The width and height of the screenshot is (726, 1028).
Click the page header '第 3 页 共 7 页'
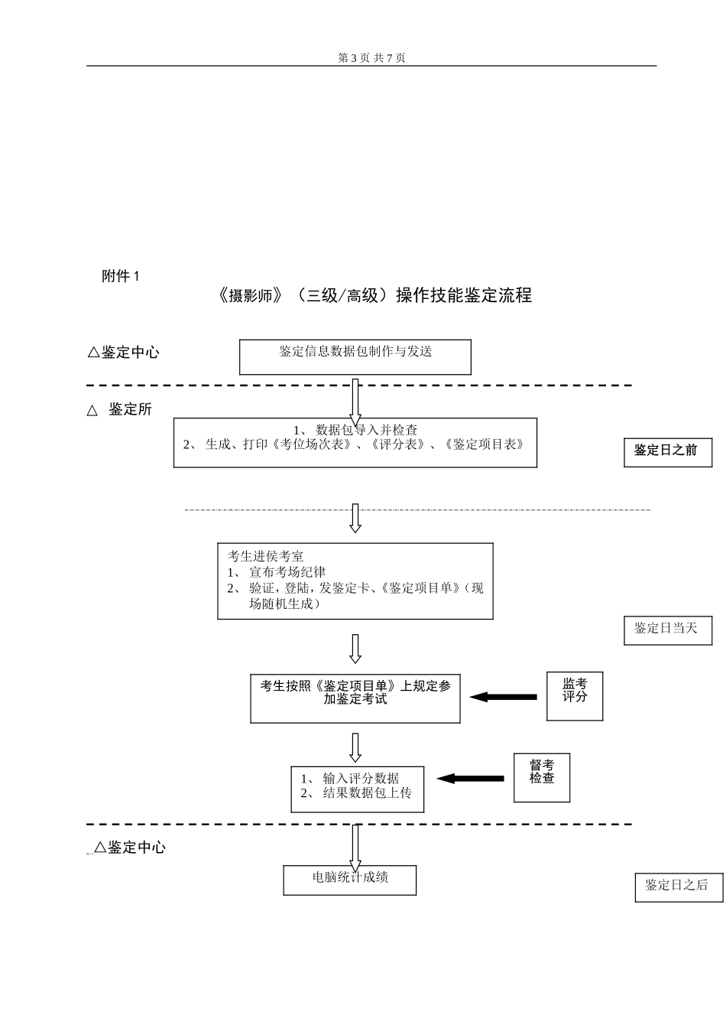pyautogui.click(x=371, y=58)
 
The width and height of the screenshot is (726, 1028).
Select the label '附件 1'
pyautogui.click(x=121, y=277)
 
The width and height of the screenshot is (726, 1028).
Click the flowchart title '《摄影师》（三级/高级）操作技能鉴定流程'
pyautogui.click(x=374, y=296)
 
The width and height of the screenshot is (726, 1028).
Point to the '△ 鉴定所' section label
pyautogui.click(x=121, y=410)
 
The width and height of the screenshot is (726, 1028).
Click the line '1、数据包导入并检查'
pyautogui.click(x=355, y=431)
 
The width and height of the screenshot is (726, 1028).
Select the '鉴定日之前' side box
pyautogui.click(x=666, y=451)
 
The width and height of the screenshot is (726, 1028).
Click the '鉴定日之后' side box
pyautogui.click(x=677, y=886)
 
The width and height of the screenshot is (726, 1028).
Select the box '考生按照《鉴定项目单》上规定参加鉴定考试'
pyautogui.click(x=355, y=693)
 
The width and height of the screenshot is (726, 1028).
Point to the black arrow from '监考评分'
pyautogui.click(x=504, y=697)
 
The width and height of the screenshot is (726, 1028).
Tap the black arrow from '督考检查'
pyautogui.click(x=471, y=779)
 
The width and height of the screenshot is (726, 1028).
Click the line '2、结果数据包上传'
pyautogui.click(x=356, y=793)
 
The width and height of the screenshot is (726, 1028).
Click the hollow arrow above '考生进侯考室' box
pyautogui.click(x=355, y=518)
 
